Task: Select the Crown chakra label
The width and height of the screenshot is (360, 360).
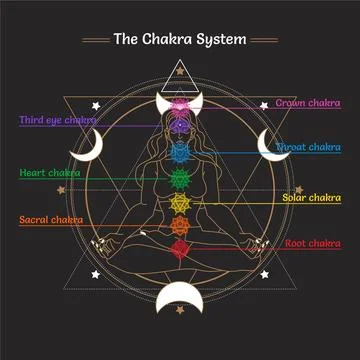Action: click(308, 103)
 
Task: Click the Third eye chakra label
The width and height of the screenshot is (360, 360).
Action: click(57, 120)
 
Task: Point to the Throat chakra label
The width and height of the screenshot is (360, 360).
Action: click(308, 147)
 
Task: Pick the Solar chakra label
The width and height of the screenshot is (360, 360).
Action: click(311, 198)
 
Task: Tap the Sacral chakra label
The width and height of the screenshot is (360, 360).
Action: click(50, 218)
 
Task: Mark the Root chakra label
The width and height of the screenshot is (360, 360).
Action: click(312, 243)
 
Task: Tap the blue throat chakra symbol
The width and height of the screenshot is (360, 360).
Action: click(180, 153)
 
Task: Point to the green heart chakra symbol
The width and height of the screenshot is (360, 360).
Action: click(180, 180)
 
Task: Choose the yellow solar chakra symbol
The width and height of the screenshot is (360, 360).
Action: click(180, 204)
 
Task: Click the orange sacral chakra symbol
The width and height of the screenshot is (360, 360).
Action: click(180, 226)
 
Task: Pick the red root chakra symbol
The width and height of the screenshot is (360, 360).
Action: click(180, 247)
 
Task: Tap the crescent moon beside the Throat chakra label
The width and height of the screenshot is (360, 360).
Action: click(268, 144)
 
